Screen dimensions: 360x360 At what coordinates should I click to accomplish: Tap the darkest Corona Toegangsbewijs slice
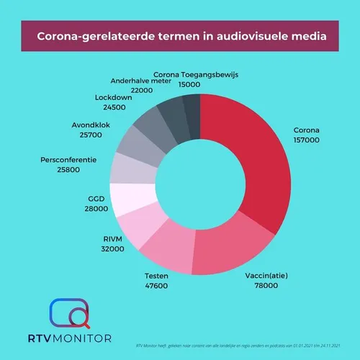tap(191, 109)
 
